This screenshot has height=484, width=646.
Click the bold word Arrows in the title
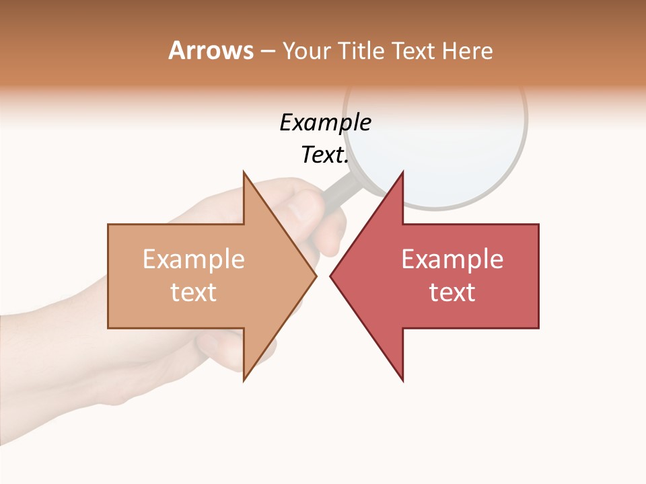[x=211, y=50]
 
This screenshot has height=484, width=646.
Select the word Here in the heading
[x=467, y=50]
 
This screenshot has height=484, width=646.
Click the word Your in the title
[x=306, y=50]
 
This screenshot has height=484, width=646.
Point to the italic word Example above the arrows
[x=325, y=122]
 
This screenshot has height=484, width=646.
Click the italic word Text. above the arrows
[x=325, y=155]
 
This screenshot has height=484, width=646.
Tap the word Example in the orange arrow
[x=194, y=259]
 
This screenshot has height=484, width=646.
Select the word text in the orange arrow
[x=194, y=292]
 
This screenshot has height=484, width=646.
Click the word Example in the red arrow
[x=452, y=259]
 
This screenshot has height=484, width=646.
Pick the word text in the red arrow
[x=452, y=292]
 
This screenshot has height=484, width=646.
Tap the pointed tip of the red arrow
[x=331, y=276]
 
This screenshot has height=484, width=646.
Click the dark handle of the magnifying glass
[x=340, y=190]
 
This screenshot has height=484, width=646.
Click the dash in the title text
[x=267, y=51]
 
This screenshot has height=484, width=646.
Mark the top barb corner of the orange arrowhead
[x=244, y=172]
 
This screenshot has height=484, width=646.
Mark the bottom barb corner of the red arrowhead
[x=402, y=380]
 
